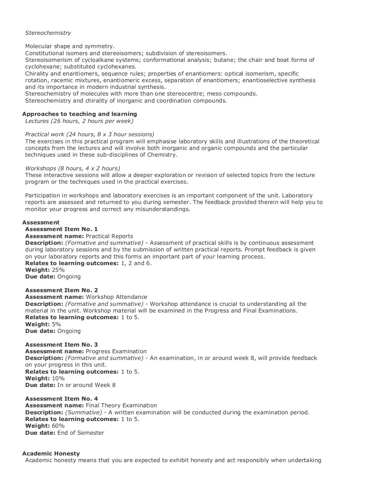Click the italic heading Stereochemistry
[x=48, y=33]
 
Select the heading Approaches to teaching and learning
[x=80, y=114]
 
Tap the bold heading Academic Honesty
[x=51, y=454]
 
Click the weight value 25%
[x=58, y=270]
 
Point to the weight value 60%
[x=58, y=426]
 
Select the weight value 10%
[x=58, y=378]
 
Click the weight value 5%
[x=56, y=324]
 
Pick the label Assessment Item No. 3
[x=61, y=345]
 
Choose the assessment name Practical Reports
[x=110, y=236]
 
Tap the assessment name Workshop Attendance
[x=117, y=297]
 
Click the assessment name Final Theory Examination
[x=121, y=405]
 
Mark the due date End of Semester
[x=81, y=433]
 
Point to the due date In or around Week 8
[x=86, y=385]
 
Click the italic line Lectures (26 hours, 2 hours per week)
[x=79, y=121]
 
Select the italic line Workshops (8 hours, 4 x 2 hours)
[x=73, y=168]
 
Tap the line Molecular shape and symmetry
[x=70, y=46]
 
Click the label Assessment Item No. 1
[x=61, y=229]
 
